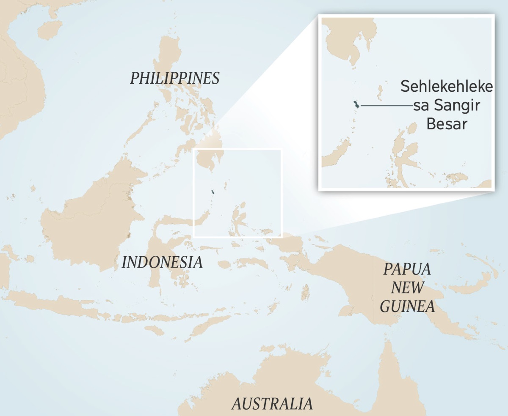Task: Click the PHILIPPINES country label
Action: click(x=174, y=78)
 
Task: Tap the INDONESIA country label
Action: click(x=162, y=263)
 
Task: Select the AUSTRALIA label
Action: click(x=272, y=404)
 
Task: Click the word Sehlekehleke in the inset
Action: click(x=447, y=87)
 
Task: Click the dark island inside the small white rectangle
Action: click(x=213, y=193)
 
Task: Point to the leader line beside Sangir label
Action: click(x=385, y=105)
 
